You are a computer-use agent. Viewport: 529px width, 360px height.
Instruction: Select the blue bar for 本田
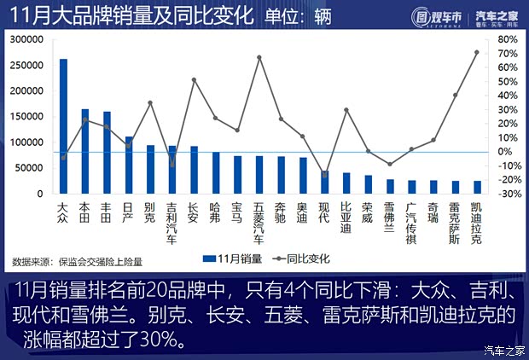[84, 152]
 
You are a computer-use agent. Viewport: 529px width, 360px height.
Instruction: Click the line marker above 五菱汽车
[259, 57]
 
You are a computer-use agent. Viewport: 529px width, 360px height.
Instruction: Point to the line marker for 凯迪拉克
[476, 52]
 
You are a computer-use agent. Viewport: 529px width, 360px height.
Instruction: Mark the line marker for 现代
[324, 173]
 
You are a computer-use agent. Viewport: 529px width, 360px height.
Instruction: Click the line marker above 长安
[194, 79]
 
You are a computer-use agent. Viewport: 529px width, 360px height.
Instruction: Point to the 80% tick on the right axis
[506, 39]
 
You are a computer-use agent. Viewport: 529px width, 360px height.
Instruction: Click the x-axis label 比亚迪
[346, 217]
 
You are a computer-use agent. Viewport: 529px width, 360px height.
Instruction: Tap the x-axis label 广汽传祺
[410, 222]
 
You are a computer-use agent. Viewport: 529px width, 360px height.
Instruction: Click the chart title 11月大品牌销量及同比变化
[129, 15]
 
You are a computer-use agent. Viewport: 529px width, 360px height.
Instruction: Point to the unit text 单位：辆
[298, 15]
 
